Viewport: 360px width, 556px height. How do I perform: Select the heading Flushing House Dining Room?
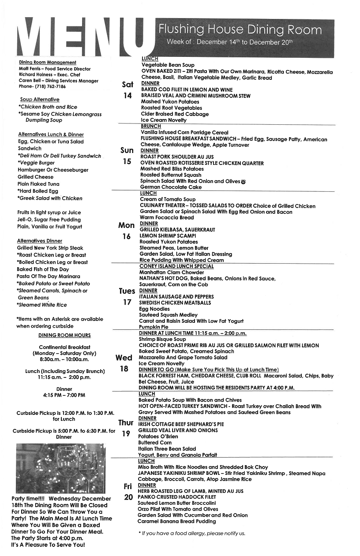pyautogui.click(x=240, y=30)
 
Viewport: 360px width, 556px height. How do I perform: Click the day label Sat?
pyautogui.click(x=127, y=85)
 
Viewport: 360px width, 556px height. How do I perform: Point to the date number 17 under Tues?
pyautogui.click(x=127, y=302)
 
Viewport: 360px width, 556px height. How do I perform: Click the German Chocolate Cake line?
pyautogui.click(x=171, y=187)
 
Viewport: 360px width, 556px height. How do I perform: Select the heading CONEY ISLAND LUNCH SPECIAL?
pyautogui.click(x=176, y=266)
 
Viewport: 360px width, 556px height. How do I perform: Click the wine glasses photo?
pyautogui.click(x=60, y=468)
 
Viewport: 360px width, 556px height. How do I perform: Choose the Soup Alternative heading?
pyautogui.click(x=40, y=100)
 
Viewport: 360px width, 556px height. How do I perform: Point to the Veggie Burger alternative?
pyautogui.click(x=37, y=163)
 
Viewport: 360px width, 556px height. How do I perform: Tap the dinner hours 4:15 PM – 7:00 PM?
pyautogui.click(x=64, y=395)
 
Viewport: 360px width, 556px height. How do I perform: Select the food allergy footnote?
pyautogui.click(x=191, y=534)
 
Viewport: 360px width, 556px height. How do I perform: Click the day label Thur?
pyautogui.click(x=126, y=423)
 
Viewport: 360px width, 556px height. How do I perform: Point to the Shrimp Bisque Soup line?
pyautogui.click(x=162, y=339)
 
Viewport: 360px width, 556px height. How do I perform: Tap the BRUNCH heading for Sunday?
pyautogui.click(x=150, y=126)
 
